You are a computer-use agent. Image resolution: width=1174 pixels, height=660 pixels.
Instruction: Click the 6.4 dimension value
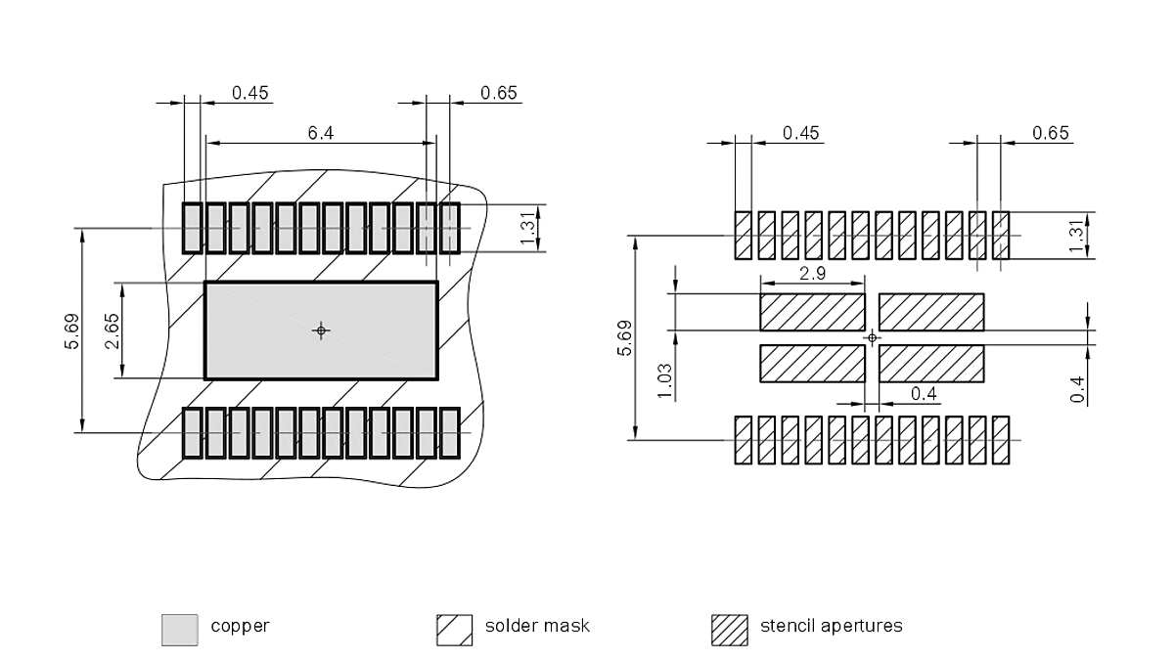tap(321, 133)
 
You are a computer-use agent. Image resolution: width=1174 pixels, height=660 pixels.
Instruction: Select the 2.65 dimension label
tap(113, 330)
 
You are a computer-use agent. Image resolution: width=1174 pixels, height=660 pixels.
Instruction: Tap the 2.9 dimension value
tap(812, 274)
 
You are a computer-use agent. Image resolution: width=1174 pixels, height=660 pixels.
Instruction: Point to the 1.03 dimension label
tap(665, 380)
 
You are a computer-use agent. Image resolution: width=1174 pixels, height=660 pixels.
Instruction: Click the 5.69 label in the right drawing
tap(624, 337)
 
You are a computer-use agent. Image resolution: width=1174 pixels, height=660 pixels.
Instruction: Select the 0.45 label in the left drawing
tap(249, 93)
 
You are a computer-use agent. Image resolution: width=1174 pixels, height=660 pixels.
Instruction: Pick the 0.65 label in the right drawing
tap(1051, 133)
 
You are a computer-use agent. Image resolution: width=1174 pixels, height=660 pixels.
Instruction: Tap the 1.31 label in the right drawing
tap(1078, 236)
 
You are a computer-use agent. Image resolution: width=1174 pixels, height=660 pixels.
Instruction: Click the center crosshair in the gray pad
tap(320, 330)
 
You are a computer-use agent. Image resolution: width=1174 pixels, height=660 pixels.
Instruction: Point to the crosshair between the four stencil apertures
tap(873, 337)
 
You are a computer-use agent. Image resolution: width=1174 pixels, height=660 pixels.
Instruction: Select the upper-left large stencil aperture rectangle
tap(812, 312)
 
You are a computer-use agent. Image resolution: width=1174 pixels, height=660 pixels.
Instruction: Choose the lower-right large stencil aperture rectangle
tap(931, 363)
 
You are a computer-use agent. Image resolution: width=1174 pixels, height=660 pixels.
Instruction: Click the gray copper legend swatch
tap(179, 630)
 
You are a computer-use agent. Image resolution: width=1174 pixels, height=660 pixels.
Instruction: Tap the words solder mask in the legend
tap(537, 626)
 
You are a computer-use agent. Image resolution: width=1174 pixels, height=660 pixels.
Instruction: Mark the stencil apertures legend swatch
tap(729, 630)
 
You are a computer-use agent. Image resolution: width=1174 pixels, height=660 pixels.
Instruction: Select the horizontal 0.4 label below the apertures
tap(924, 393)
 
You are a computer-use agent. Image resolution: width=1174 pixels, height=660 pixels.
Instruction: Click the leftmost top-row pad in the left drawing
tap(192, 229)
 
